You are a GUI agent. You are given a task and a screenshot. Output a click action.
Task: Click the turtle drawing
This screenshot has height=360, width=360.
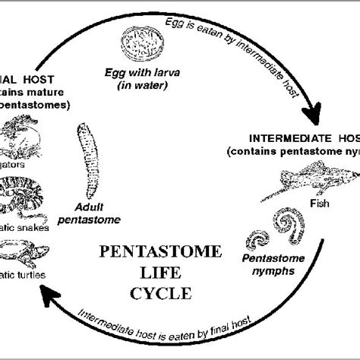(x=23, y=251)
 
